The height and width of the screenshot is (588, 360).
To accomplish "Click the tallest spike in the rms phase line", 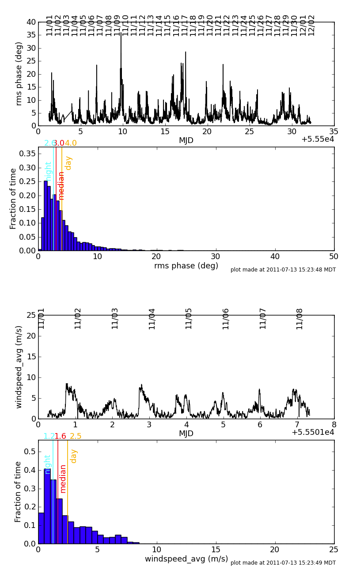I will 121,34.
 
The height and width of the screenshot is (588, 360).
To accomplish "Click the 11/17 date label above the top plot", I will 185,25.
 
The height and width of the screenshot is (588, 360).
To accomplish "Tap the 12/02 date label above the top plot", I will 311,25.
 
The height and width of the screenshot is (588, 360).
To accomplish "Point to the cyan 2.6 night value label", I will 49,143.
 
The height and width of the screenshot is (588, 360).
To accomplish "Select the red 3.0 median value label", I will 59,143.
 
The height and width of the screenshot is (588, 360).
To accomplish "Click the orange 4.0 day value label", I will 71,143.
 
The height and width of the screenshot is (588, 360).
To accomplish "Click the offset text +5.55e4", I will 317,139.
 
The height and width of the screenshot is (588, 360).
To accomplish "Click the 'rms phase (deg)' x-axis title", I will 186,266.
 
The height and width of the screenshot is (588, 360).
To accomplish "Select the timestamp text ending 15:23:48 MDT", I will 283,270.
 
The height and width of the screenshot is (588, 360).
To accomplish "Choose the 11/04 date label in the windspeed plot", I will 152,318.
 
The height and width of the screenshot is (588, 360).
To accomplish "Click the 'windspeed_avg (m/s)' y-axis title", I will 19,367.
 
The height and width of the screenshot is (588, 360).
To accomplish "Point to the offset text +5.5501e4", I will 313,433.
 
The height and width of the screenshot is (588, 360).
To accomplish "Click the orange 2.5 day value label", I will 76,436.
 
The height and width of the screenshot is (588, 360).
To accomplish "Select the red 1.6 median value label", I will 60,436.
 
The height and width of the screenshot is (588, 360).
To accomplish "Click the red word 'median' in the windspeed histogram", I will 63,479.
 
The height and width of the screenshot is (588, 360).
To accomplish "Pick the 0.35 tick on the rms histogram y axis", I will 26,154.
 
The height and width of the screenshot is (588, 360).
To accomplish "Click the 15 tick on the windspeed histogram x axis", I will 216,550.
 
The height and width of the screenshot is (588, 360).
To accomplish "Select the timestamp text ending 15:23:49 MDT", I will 283,563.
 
